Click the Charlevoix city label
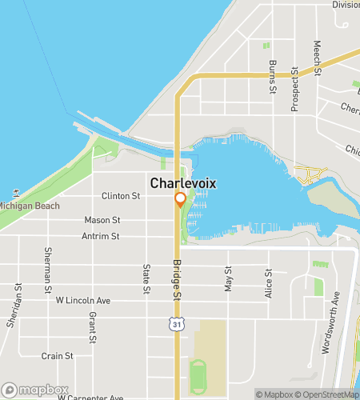pos(182,183)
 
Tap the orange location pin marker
pos(180,200)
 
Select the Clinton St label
pos(121,196)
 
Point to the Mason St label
pos(102,220)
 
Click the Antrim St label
pos(100,236)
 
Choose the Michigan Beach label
pos(29,206)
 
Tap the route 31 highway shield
pos(176,322)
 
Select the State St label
pos(146,278)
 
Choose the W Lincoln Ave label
pos(82,301)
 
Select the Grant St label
pos(93,328)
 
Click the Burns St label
pos(273,73)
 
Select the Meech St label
pos(318,58)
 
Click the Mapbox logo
pos(34,390)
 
